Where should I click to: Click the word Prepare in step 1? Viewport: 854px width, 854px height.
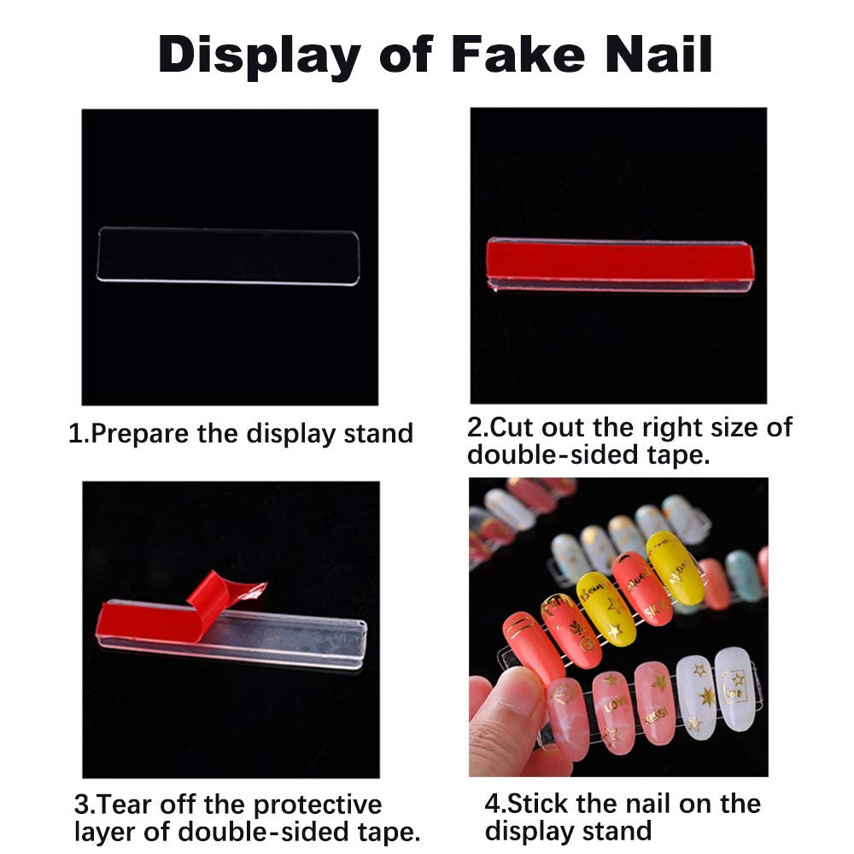140,433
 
